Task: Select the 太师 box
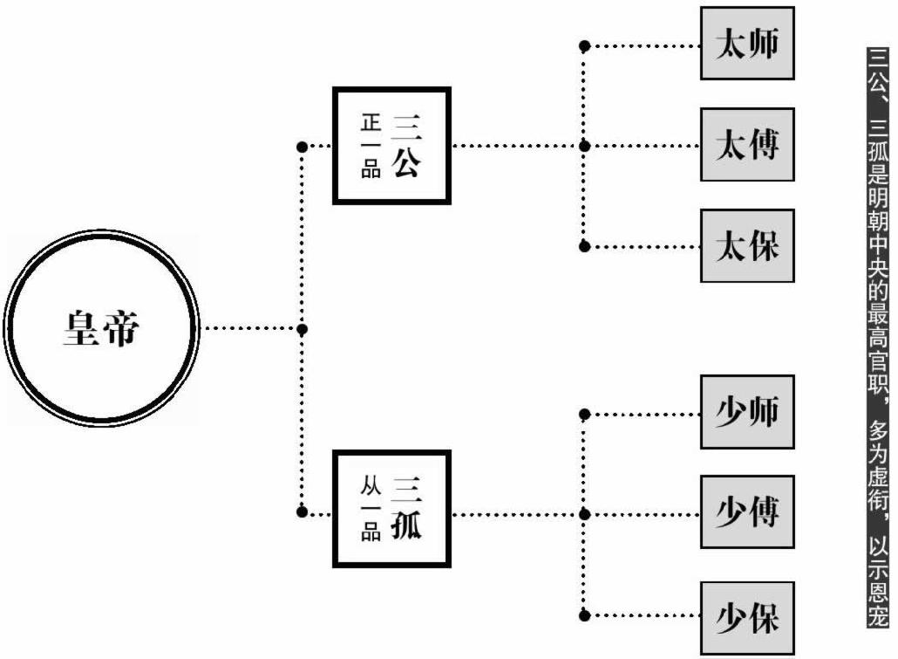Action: point(747,44)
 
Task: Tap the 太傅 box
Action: point(747,145)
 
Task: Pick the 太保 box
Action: point(747,246)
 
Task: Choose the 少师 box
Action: point(747,412)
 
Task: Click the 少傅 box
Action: point(747,512)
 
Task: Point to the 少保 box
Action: point(747,618)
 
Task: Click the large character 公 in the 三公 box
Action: point(406,163)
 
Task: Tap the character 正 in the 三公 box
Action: point(371,122)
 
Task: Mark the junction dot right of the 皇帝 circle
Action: point(303,329)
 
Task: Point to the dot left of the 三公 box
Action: point(303,147)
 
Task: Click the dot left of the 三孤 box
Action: point(303,511)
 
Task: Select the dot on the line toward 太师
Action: point(585,45)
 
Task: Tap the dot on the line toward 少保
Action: point(585,615)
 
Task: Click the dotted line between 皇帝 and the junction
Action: point(248,329)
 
